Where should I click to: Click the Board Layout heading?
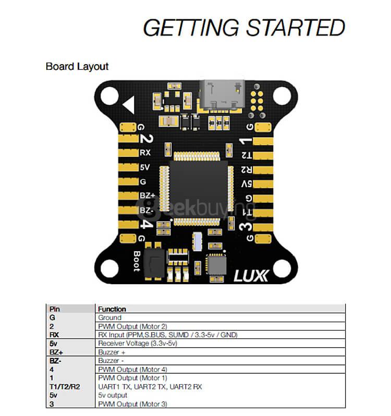click(77, 67)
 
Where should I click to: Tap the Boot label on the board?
click(137, 261)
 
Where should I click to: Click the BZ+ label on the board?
click(146, 195)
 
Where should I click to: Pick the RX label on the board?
click(145, 153)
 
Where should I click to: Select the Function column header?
click(112, 309)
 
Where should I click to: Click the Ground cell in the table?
click(109, 317)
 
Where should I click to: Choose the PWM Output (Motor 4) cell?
click(132, 369)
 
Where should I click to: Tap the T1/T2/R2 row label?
click(65, 387)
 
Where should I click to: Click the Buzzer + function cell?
click(112, 352)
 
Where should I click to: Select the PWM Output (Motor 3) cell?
click(132, 404)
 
